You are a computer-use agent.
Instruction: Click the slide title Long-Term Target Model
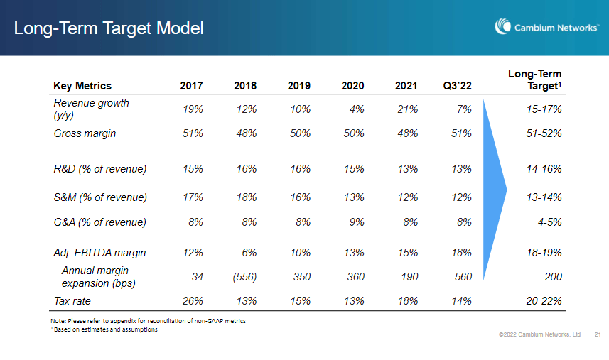click(109, 28)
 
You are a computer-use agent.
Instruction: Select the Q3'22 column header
click(457, 86)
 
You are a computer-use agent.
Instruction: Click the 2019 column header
click(299, 86)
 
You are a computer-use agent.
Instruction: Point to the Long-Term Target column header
click(534, 80)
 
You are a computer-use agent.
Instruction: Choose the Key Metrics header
click(82, 86)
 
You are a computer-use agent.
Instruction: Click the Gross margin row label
click(85, 133)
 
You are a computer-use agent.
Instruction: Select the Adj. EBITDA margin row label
click(101, 253)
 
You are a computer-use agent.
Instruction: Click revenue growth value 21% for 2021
click(408, 109)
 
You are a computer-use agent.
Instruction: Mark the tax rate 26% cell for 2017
click(193, 300)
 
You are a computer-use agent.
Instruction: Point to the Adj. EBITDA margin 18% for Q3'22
click(461, 253)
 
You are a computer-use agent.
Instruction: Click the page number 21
click(597, 334)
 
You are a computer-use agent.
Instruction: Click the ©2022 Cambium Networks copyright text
click(540, 334)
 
